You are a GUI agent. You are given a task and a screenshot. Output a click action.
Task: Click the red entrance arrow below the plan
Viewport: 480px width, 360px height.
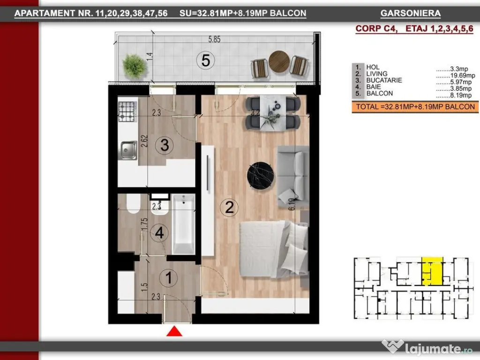click(x=174, y=331)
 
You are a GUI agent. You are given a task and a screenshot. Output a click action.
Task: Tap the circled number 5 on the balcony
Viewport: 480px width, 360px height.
click(x=205, y=60)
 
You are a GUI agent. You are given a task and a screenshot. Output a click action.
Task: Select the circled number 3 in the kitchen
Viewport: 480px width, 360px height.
click(x=164, y=145)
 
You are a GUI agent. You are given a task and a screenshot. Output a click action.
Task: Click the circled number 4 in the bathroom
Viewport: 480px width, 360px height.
click(x=159, y=232)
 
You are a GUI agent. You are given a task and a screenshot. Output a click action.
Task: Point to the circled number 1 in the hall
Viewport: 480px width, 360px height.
click(x=168, y=277)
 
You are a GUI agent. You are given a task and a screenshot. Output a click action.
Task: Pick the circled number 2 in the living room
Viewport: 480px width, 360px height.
click(x=229, y=207)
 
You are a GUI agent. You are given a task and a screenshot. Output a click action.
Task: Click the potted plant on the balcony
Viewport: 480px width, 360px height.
click(x=135, y=66)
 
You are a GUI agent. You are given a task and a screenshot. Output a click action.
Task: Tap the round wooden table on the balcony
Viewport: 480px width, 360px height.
click(x=279, y=61)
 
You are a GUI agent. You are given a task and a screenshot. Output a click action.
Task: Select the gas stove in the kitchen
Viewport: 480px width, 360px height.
click(x=127, y=111)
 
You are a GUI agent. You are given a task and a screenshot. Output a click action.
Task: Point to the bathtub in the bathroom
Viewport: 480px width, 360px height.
click(x=183, y=224)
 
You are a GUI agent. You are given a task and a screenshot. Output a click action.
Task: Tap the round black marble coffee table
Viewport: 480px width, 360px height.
click(x=261, y=176)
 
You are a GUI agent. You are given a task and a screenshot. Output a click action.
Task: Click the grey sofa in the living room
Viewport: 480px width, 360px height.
click(x=293, y=177)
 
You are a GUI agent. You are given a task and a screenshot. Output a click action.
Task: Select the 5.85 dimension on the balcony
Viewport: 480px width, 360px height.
click(x=214, y=39)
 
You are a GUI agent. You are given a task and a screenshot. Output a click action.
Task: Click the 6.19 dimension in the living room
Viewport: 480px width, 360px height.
click(x=292, y=204)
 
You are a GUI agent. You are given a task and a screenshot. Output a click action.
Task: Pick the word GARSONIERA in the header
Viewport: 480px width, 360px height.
click(x=411, y=13)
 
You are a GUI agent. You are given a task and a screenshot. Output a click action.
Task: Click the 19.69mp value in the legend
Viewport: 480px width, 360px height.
click(x=463, y=75)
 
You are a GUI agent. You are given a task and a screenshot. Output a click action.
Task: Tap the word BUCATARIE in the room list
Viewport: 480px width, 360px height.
click(x=384, y=80)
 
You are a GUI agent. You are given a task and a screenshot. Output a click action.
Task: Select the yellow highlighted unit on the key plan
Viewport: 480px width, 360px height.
click(x=432, y=271)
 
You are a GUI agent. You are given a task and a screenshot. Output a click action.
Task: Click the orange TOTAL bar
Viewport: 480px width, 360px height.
click(x=415, y=107)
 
